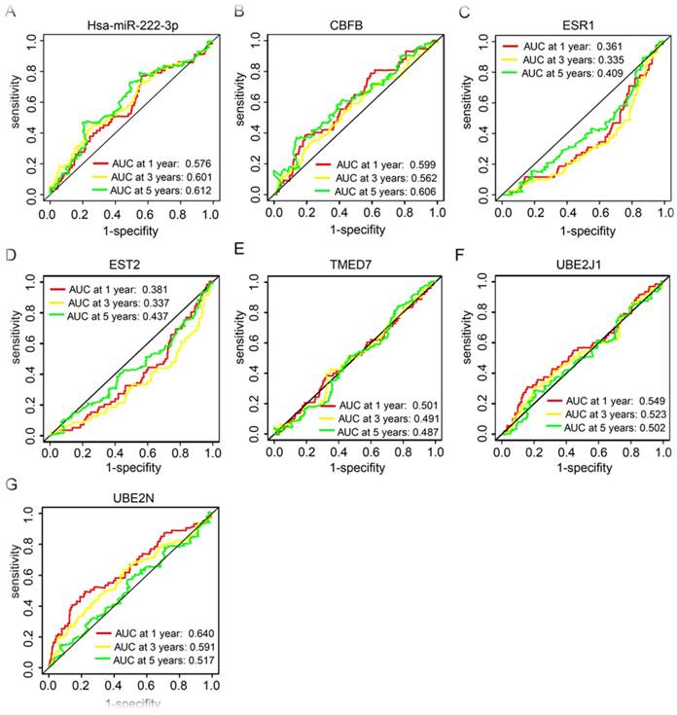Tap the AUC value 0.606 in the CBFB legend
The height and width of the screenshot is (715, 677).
[419, 194]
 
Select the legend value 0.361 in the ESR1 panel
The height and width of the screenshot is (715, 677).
[628, 47]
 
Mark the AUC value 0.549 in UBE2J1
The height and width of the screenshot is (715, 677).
[645, 401]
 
